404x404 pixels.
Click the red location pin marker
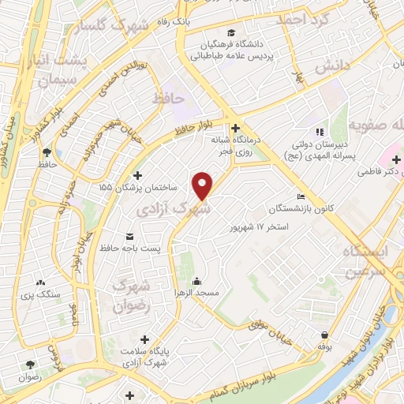point(204,185)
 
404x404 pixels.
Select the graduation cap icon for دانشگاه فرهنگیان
point(231,32)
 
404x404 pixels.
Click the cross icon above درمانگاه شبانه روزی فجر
point(235,127)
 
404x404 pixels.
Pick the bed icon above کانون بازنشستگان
point(301,196)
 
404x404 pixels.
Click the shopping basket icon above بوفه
point(324,334)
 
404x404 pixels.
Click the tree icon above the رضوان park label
point(31,365)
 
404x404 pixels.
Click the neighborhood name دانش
point(332,68)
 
